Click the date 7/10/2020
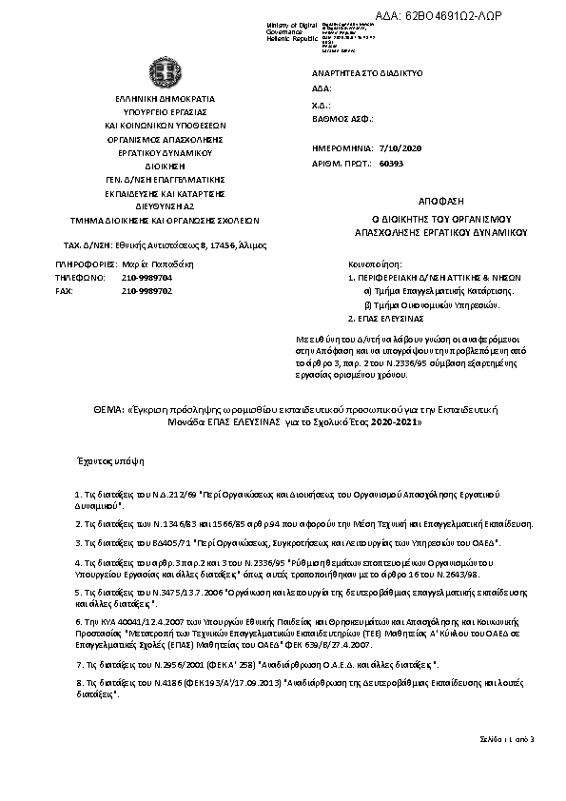pyautogui.click(x=399, y=149)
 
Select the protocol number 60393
pyautogui.click(x=391, y=164)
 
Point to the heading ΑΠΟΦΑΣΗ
pyautogui.click(x=439, y=203)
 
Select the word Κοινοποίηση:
pyautogui.click(x=377, y=260)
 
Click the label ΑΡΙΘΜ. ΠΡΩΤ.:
pyautogui.click(x=340, y=164)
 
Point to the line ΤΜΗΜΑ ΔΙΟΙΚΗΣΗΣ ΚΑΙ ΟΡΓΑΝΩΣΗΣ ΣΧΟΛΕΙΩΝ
pyautogui.click(x=153, y=218)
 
